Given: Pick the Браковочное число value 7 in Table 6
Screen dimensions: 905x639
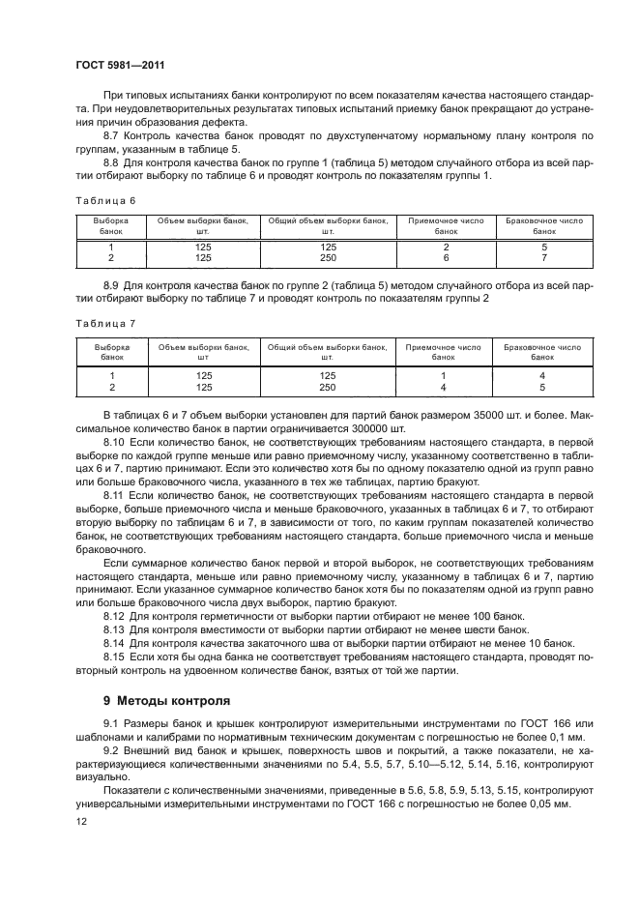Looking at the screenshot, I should [543, 259].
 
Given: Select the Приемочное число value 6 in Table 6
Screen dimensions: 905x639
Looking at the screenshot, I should [446, 259].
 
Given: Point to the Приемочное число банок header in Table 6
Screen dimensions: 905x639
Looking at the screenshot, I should [446, 226].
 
